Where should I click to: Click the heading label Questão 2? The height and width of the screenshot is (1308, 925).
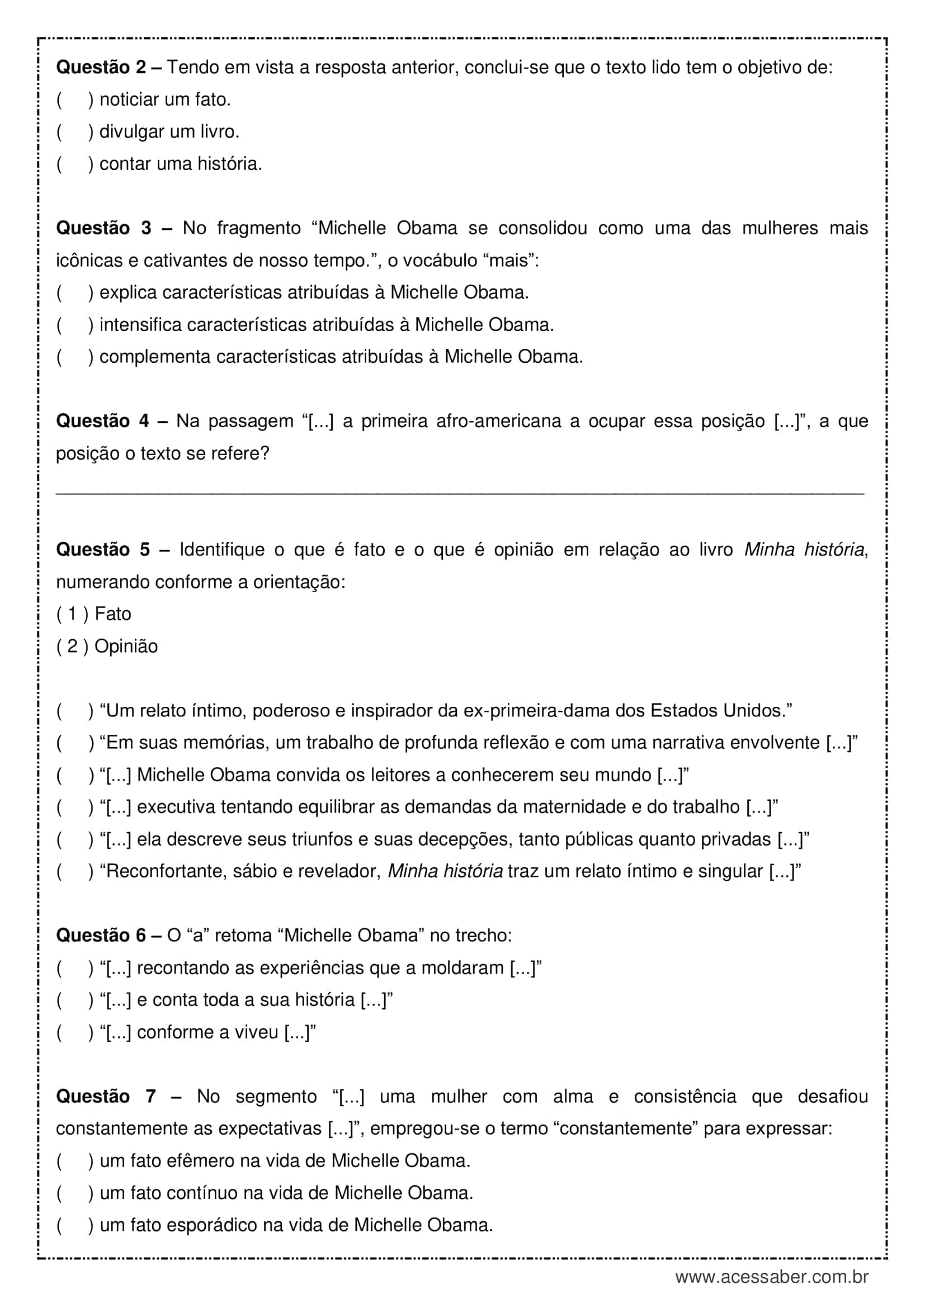click(101, 68)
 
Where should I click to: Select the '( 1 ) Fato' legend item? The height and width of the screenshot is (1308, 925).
click(93, 614)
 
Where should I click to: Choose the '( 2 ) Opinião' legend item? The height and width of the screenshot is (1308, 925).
click(106, 646)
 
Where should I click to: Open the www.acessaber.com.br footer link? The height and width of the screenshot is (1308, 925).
click(771, 1277)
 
